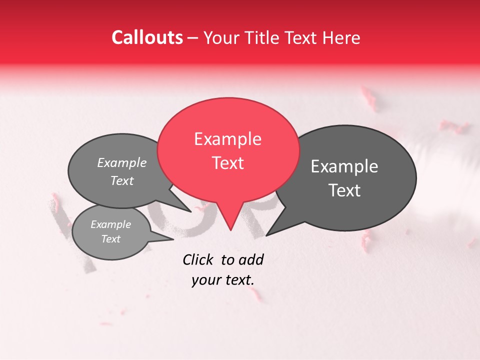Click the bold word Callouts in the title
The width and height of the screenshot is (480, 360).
[147, 37]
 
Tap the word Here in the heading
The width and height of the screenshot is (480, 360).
[341, 37]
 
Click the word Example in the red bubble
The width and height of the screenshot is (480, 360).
[227, 139]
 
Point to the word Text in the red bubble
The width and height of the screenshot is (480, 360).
[227, 163]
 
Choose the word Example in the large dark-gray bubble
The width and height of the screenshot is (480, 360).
[344, 166]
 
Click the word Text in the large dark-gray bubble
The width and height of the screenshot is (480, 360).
[344, 190]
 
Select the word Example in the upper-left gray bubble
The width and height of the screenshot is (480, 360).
[122, 162]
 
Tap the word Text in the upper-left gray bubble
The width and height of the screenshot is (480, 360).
[122, 180]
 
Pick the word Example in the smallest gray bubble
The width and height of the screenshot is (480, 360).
[111, 224]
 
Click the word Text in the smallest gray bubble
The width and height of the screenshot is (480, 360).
[111, 239]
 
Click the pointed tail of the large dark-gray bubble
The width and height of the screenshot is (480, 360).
[267, 234]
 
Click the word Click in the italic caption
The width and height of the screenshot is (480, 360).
[199, 259]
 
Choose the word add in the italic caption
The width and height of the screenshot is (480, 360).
[251, 259]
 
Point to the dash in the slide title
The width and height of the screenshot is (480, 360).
[193, 37]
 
